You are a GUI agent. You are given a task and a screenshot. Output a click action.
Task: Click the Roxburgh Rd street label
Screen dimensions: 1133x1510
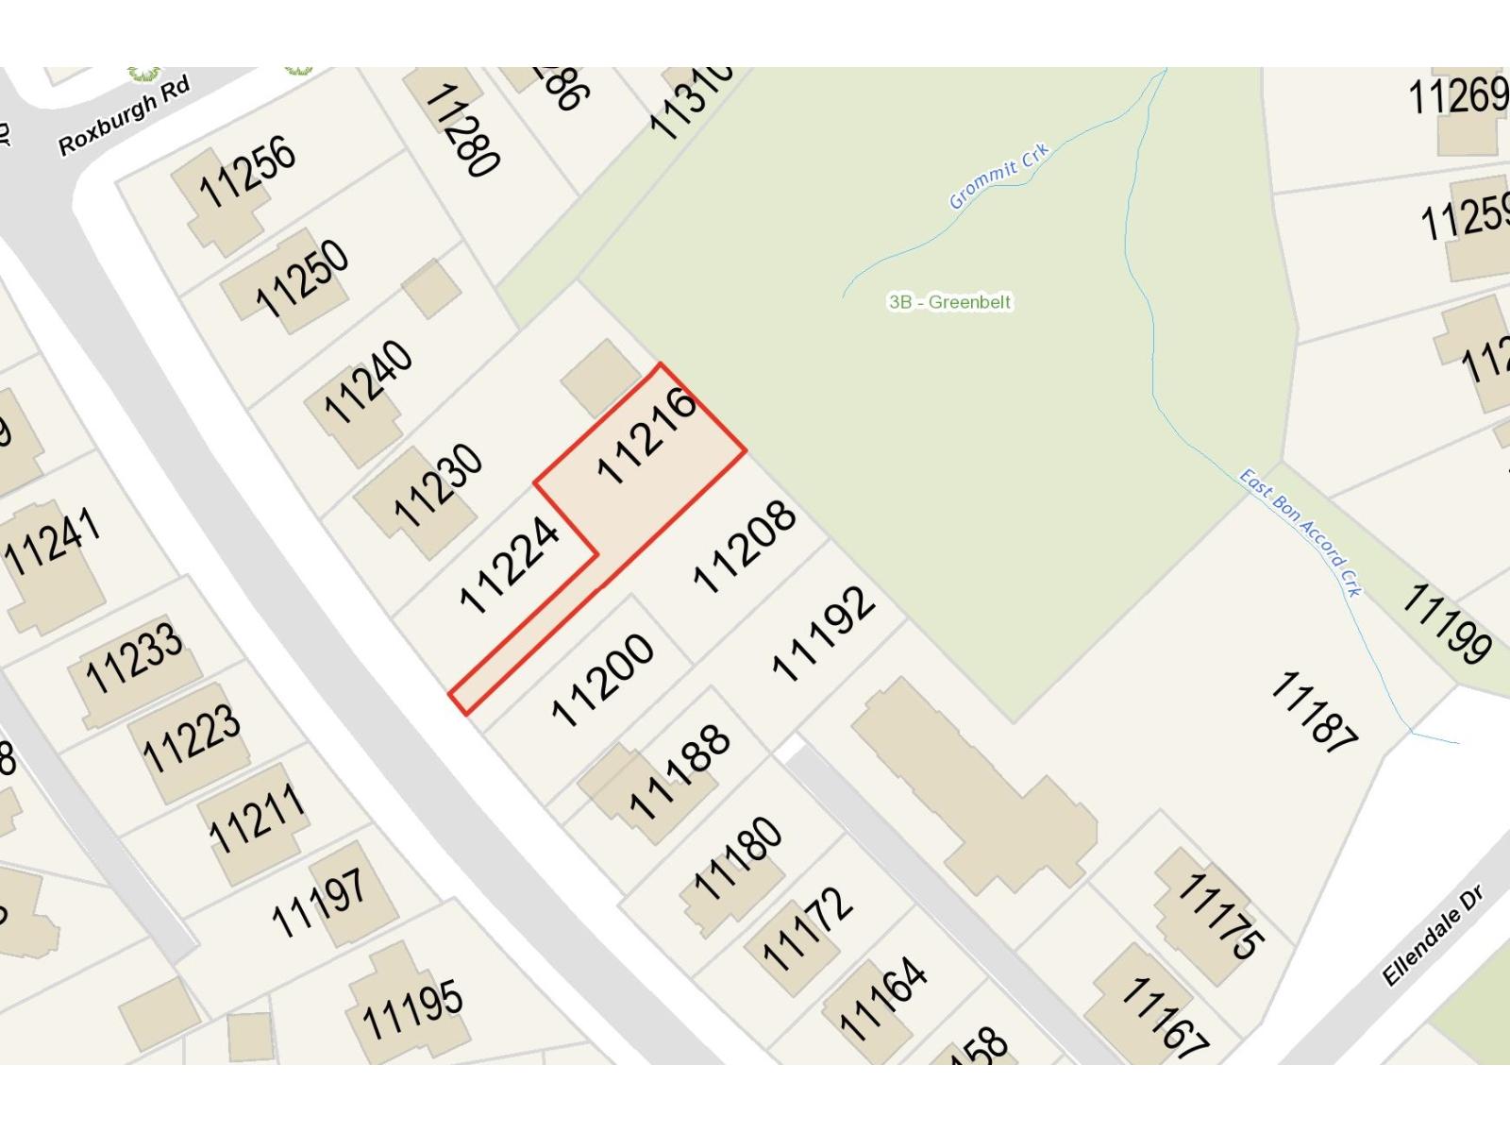(x=124, y=116)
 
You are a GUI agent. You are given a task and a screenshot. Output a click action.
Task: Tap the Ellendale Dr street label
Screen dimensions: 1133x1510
(x=1433, y=936)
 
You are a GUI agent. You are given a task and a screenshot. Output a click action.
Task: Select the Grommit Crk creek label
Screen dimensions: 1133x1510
(x=998, y=176)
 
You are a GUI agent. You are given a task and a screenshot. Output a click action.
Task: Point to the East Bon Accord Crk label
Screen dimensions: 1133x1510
(x=1300, y=533)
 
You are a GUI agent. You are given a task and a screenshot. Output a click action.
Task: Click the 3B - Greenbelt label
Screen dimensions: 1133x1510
(x=949, y=302)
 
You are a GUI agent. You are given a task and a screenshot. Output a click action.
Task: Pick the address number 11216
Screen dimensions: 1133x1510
(x=646, y=436)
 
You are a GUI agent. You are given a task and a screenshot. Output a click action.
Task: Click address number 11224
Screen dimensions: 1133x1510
(x=509, y=565)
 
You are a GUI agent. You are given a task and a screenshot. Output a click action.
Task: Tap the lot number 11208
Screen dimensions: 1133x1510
(x=744, y=547)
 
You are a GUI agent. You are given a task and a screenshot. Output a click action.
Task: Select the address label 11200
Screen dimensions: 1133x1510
(x=601, y=680)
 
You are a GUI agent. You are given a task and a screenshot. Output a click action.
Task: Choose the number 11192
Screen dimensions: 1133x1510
(x=823, y=634)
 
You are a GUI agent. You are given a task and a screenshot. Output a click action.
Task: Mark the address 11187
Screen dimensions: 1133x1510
(x=1314, y=713)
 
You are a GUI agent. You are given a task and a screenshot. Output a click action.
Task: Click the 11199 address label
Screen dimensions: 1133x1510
(x=1446, y=623)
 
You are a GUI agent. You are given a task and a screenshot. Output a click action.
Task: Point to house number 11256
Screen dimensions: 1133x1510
(x=246, y=172)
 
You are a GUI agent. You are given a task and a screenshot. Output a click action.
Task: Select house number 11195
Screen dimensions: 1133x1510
(x=412, y=1009)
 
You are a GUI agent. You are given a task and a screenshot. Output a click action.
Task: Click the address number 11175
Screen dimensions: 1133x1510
(x=1219, y=916)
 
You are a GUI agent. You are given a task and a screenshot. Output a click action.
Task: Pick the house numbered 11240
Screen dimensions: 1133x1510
(x=367, y=381)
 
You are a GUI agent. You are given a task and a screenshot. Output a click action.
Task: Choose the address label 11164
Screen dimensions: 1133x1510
(x=881, y=999)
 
